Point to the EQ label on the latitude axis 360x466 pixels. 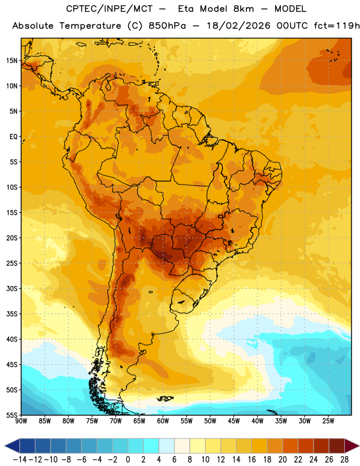tap(13, 137)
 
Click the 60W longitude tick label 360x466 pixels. tap(163, 421)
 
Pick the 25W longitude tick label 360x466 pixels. tap(329, 421)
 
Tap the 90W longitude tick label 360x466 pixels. tap(21, 421)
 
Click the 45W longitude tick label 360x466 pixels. tap(234, 421)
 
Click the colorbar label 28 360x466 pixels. tap(344, 460)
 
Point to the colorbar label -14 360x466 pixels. tap(20, 460)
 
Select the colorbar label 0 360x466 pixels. tap(128, 460)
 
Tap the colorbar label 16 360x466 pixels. tap(252, 460)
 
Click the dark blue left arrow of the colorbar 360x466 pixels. tap(12, 446)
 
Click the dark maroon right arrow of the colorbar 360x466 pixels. tap(352, 446)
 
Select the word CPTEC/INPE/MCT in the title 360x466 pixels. tap(110, 9)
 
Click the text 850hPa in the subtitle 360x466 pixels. tap(167, 26)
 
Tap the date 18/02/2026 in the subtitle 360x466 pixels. tap(238, 26)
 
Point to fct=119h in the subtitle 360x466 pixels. tap(337, 26)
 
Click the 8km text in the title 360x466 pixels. tap(243, 9)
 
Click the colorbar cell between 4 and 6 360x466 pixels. tap(167, 446)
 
